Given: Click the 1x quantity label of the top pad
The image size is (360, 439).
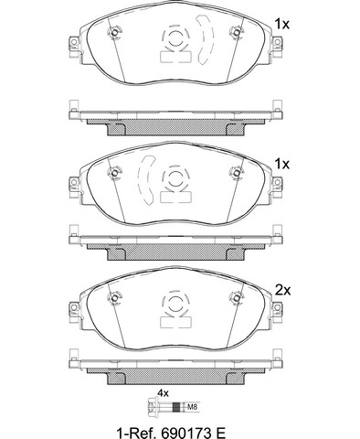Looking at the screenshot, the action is pyautogui.click(x=281, y=24).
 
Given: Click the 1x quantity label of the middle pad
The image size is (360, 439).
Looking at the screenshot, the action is pyautogui.click(x=281, y=165).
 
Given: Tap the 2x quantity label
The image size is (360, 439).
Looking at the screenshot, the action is pyautogui.click(x=283, y=291).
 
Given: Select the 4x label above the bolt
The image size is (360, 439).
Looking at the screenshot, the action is pyautogui.click(x=163, y=393).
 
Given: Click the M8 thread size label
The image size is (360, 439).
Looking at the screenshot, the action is pyautogui.click(x=190, y=406).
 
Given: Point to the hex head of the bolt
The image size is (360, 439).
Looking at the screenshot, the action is pyautogui.click(x=152, y=406).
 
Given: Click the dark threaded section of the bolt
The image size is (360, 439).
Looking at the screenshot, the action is pyautogui.click(x=176, y=406).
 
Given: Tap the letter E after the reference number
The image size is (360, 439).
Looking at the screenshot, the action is pyautogui.click(x=220, y=433).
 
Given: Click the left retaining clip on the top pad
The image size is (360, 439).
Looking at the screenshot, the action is pyautogui.click(x=114, y=32).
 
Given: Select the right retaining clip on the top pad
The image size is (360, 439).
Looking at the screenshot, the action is pyautogui.click(x=237, y=32).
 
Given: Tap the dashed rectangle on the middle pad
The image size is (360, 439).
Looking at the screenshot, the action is pyautogui.click(x=175, y=198).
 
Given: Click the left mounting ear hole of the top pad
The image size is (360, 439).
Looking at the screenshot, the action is pyautogui.click(x=73, y=42).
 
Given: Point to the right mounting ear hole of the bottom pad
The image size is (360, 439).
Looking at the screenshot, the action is pyautogui.click(x=277, y=307).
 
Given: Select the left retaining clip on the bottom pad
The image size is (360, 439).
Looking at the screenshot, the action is pyautogui.click(x=114, y=297).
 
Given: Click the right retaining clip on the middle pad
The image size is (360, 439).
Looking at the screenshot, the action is pyautogui.click(x=237, y=173).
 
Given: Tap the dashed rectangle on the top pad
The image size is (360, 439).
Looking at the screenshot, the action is pyautogui.click(x=175, y=57).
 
